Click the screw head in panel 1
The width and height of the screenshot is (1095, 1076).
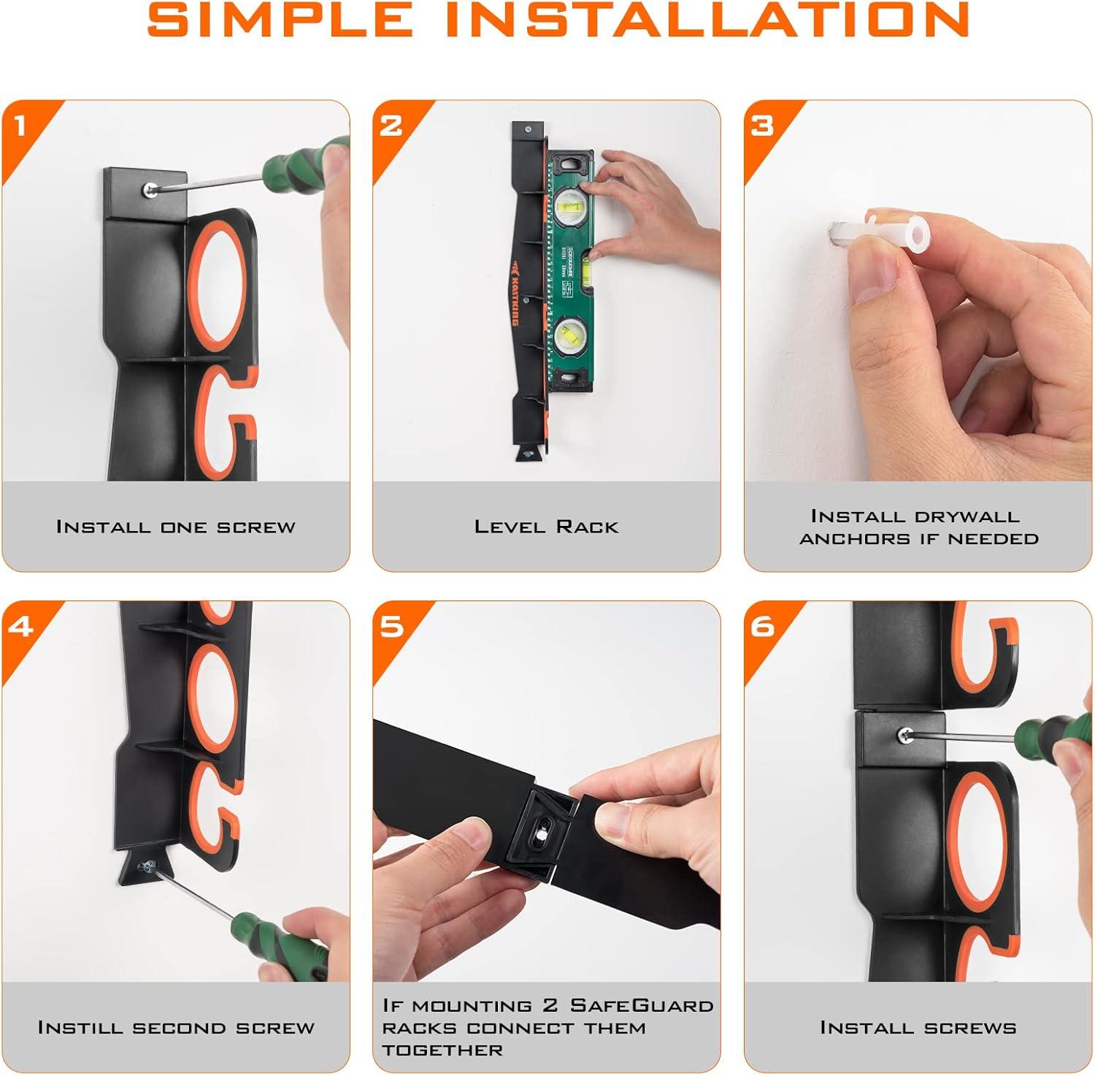tap(149, 189)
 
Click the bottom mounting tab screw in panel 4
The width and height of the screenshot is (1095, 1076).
tap(145, 866)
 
